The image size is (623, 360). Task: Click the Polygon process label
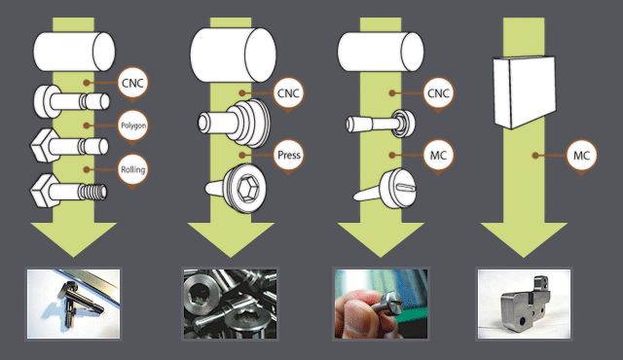click(133, 126)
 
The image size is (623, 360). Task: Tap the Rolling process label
click(133, 170)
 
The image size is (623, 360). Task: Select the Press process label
click(289, 155)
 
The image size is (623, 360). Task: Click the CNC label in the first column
click(132, 84)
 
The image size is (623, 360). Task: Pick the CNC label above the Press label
click(288, 93)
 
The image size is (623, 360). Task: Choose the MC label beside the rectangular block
click(581, 156)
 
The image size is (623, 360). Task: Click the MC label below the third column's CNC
click(438, 156)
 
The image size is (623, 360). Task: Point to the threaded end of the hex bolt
click(92, 192)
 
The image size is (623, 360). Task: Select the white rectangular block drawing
click(525, 91)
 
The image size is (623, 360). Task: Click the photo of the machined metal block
click(524, 304)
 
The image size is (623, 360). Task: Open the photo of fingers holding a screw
click(381, 304)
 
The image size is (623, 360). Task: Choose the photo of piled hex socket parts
click(230, 304)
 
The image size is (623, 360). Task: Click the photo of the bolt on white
click(74, 304)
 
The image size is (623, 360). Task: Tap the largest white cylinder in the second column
click(234, 54)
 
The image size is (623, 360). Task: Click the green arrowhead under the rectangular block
click(524, 239)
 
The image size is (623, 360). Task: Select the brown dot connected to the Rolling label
click(87, 170)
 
